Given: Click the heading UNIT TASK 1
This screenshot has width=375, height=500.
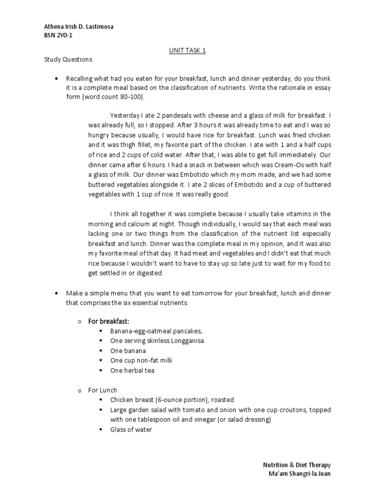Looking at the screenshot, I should (187, 50).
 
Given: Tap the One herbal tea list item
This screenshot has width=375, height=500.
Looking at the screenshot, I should (133, 370).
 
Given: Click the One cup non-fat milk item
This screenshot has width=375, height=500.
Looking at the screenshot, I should (141, 360).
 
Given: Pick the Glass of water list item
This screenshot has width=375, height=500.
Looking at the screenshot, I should (131, 430).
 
